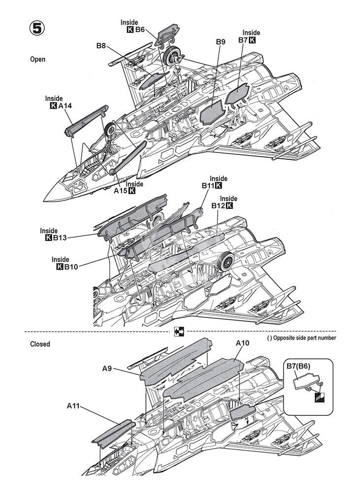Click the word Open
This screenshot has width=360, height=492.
tap(37, 59)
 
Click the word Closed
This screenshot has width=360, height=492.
tap(39, 344)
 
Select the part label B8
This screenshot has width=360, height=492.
tap(101, 46)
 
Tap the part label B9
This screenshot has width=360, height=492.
tap(221, 42)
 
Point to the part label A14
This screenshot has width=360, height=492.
tap(65, 106)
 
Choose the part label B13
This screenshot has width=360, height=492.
tap(60, 238)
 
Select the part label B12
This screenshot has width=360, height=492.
tap(219, 206)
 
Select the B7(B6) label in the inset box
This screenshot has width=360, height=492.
tap(301, 367)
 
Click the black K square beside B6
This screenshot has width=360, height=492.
tap(130, 30)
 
